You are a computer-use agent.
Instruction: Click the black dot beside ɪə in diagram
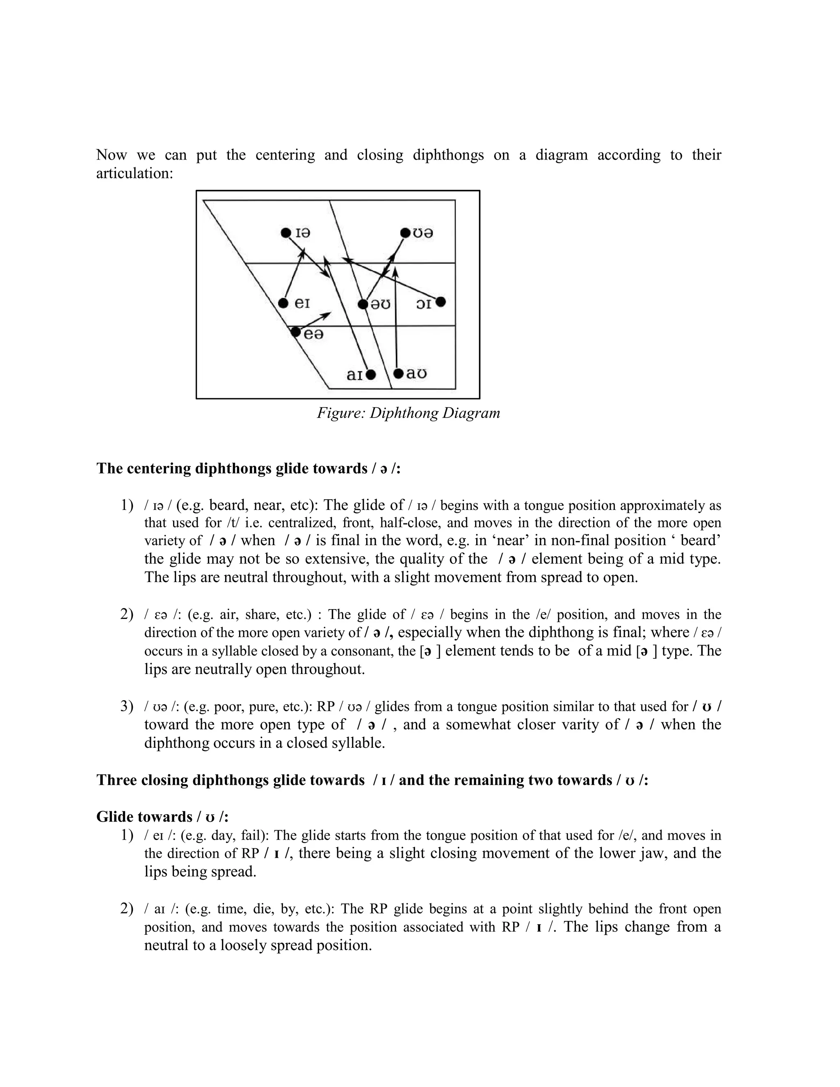(285, 233)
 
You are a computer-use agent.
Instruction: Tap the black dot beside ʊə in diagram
(405, 233)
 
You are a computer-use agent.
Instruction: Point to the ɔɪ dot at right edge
(441, 301)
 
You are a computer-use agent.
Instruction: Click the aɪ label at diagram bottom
(354, 375)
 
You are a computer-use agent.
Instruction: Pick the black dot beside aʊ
(397, 373)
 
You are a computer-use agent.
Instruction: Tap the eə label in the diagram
(313, 334)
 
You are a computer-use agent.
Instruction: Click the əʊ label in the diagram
(380, 304)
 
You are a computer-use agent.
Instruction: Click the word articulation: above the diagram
(135, 173)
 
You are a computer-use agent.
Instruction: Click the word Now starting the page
(112, 155)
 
